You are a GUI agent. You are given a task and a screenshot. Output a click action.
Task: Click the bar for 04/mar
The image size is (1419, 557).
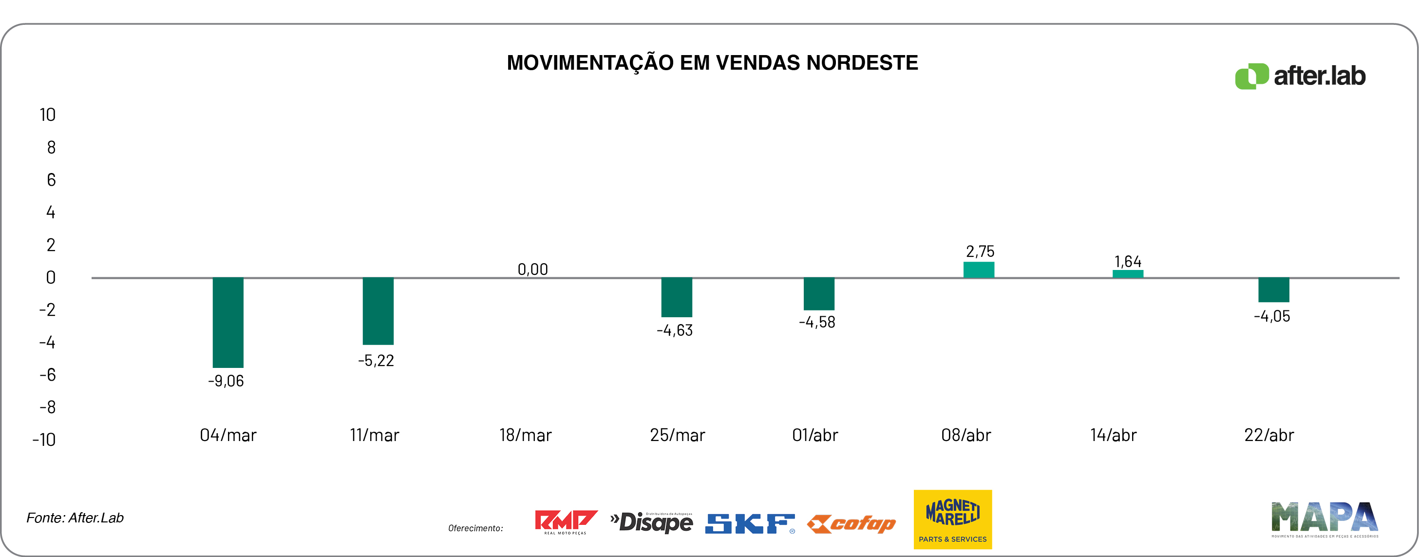[x=228, y=322]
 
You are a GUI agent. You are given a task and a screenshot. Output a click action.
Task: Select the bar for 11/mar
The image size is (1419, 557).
[x=378, y=311]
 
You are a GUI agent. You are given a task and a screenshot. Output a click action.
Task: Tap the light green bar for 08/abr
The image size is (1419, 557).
[x=978, y=270]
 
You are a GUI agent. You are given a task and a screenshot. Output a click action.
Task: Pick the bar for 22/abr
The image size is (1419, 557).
[x=1273, y=290]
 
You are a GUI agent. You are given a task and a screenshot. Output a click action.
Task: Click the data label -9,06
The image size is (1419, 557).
[x=226, y=381]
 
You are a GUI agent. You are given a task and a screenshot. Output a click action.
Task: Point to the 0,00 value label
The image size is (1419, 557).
[x=533, y=269]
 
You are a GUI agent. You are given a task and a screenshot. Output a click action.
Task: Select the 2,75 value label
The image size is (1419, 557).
[x=980, y=252]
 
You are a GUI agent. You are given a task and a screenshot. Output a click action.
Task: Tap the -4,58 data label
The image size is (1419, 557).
[x=817, y=322]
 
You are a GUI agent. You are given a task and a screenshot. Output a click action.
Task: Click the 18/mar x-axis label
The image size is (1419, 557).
[x=525, y=435]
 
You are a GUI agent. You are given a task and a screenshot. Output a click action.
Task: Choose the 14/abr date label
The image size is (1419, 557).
[x=1113, y=435]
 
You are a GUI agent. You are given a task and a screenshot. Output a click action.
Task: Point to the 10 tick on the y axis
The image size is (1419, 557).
[x=47, y=115]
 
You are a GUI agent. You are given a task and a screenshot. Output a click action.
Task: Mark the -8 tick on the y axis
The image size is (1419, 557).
[x=47, y=407]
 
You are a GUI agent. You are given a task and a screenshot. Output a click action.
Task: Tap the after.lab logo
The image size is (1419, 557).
[x=1300, y=76]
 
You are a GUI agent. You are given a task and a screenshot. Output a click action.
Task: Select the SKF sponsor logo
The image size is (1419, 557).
[x=750, y=523]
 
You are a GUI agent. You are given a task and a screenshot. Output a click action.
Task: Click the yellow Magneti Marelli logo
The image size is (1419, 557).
[x=952, y=519]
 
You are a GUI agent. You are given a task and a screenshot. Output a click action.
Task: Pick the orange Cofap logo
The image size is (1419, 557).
[x=851, y=523]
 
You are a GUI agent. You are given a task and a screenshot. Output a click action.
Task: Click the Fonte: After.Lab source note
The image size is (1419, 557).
[x=75, y=518]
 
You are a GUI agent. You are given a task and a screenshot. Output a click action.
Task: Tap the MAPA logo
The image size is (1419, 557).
[x=1324, y=519]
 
